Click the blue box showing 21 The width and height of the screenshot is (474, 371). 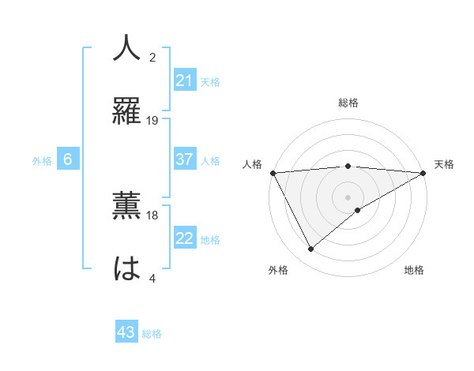tap(184, 81)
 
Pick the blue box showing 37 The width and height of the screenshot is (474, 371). tap(184, 159)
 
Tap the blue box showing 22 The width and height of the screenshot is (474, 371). tap(184, 239)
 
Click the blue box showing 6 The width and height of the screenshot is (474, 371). tap(68, 159)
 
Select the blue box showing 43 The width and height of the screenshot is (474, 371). tap(126, 333)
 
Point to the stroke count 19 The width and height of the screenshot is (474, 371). tap(153, 120)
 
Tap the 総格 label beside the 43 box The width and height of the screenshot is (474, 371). tap(152, 334)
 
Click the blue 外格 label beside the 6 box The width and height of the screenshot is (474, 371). tap(42, 160)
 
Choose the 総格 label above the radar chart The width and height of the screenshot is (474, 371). tap(348, 103)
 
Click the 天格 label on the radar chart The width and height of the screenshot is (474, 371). tap(445, 164)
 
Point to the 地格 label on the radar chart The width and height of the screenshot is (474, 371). tap(414, 270)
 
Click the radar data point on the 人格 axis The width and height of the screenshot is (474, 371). tap(273, 173)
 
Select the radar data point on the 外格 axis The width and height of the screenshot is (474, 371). tap(311, 249)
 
